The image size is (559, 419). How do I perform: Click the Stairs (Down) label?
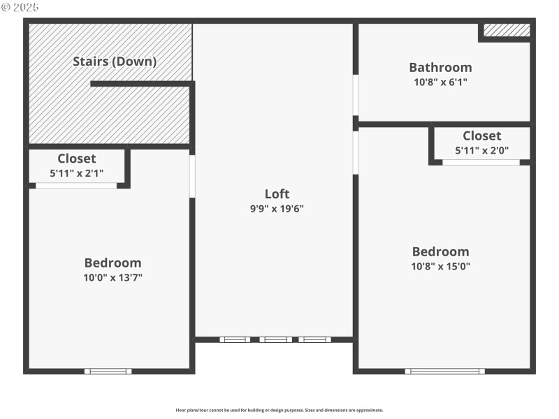coord(115,61)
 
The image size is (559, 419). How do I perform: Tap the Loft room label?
coord(277,194)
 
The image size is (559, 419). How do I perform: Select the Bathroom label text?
coord(440,68)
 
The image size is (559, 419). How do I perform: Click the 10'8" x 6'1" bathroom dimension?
coord(440,82)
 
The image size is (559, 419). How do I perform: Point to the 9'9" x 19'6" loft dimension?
coord(277,208)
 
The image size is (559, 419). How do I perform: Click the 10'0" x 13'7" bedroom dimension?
coord(112,277)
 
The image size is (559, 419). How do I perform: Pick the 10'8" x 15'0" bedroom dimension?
coord(440,266)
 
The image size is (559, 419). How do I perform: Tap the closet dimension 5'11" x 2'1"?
coord(77,172)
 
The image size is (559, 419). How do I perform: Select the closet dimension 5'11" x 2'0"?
coord(481,149)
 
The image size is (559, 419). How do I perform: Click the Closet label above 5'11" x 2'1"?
coord(77,159)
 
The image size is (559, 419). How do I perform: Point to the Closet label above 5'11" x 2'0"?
coord(481,135)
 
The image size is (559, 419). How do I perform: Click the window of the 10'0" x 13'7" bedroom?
coord(108,371)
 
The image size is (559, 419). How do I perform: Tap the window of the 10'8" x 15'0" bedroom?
coord(445,371)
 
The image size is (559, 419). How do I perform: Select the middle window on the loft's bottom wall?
coord(276,339)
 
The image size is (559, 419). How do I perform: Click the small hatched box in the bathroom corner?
coord(507,30)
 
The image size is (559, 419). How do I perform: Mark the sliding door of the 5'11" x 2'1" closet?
coord(76,186)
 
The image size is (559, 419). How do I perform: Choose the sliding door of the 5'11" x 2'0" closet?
coord(481,162)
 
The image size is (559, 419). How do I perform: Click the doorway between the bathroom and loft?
coord(356,95)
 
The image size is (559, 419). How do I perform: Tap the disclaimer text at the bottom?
coord(279,410)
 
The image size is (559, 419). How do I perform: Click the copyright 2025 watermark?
coord(20,7)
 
